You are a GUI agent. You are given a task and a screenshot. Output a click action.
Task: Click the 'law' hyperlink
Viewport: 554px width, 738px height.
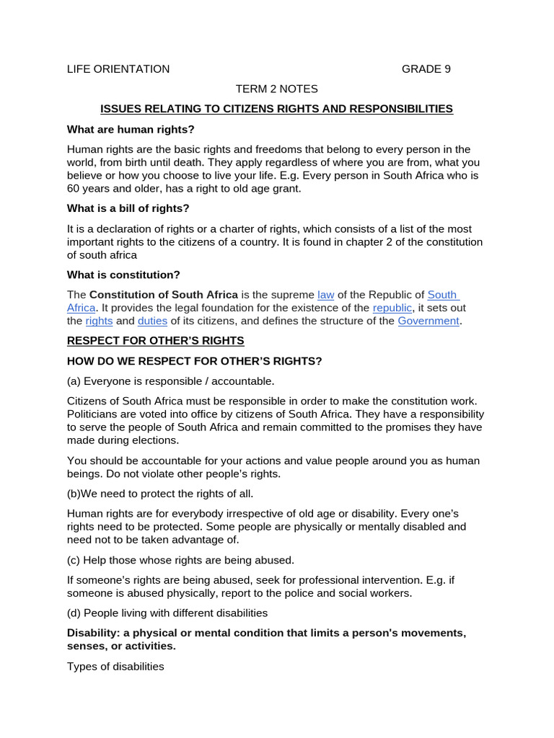pyautogui.click(x=325, y=295)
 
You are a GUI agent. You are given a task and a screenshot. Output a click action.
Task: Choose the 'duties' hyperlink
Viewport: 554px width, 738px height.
pyautogui.click(x=152, y=321)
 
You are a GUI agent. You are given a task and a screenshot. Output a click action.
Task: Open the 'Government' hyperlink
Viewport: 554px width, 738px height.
pyautogui.click(x=428, y=321)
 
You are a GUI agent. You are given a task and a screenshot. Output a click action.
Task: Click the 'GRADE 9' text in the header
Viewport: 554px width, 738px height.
pyautogui.click(x=426, y=69)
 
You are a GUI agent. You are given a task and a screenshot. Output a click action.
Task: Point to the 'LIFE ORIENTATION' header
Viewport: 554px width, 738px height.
pyautogui.click(x=118, y=69)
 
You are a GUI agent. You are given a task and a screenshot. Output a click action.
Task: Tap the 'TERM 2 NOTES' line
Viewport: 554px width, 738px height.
pyautogui.click(x=276, y=89)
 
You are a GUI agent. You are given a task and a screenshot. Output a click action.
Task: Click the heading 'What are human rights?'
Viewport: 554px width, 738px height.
pyautogui.click(x=131, y=129)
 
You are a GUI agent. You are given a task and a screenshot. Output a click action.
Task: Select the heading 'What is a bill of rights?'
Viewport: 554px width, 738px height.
pyautogui.click(x=128, y=208)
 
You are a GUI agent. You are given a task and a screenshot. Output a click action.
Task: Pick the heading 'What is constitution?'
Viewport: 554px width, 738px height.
pyautogui.click(x=123, y=275)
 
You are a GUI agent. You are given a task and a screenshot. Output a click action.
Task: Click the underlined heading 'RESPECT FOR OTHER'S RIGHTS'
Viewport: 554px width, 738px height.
pyautogui.click(x=156, y=340)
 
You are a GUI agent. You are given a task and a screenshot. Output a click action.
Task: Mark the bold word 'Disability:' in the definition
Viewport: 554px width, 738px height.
pyautogui.click(x=94, y=633)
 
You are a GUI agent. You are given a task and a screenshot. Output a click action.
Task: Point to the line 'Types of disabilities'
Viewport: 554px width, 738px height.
pyautogui.click(x=115, y=667)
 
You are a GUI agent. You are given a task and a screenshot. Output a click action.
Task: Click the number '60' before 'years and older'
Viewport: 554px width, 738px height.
pyautogui.click(x=74, y=189)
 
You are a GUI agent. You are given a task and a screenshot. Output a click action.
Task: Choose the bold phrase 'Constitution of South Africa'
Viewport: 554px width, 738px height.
pyautogui.click(x=164, y=295)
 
